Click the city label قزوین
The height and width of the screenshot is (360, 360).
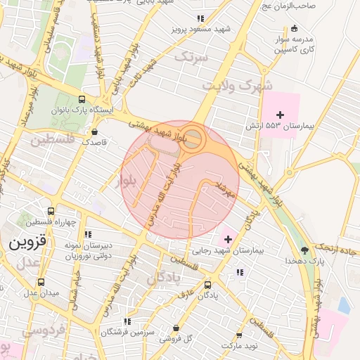coord(26,243)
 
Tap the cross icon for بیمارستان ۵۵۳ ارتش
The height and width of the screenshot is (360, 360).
coord(280,114)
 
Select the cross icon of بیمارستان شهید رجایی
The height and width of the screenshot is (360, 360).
coord(228,239)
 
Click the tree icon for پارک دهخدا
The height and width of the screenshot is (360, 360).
coord(304,250)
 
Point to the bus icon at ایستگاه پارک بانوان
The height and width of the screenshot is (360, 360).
coord(82,100)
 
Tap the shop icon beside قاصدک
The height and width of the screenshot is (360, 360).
coord(94,131)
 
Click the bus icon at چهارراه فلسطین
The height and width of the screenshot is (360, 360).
coord(50,211)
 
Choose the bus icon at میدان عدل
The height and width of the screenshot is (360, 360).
coord(40,282)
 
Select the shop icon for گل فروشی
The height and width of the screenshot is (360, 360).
coord(176,328)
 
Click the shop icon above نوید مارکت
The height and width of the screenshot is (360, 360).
coord(239,335)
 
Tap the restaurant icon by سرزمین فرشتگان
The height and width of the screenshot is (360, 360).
coord(106,321)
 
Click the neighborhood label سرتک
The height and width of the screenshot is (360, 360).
coord(191,56)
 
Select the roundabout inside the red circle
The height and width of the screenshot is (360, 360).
coord(195,139)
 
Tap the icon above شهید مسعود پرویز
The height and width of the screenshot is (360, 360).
coord(200,19)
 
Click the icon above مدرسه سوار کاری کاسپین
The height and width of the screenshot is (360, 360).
coord(294,29)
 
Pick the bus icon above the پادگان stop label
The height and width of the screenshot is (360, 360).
coord(207,285)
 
